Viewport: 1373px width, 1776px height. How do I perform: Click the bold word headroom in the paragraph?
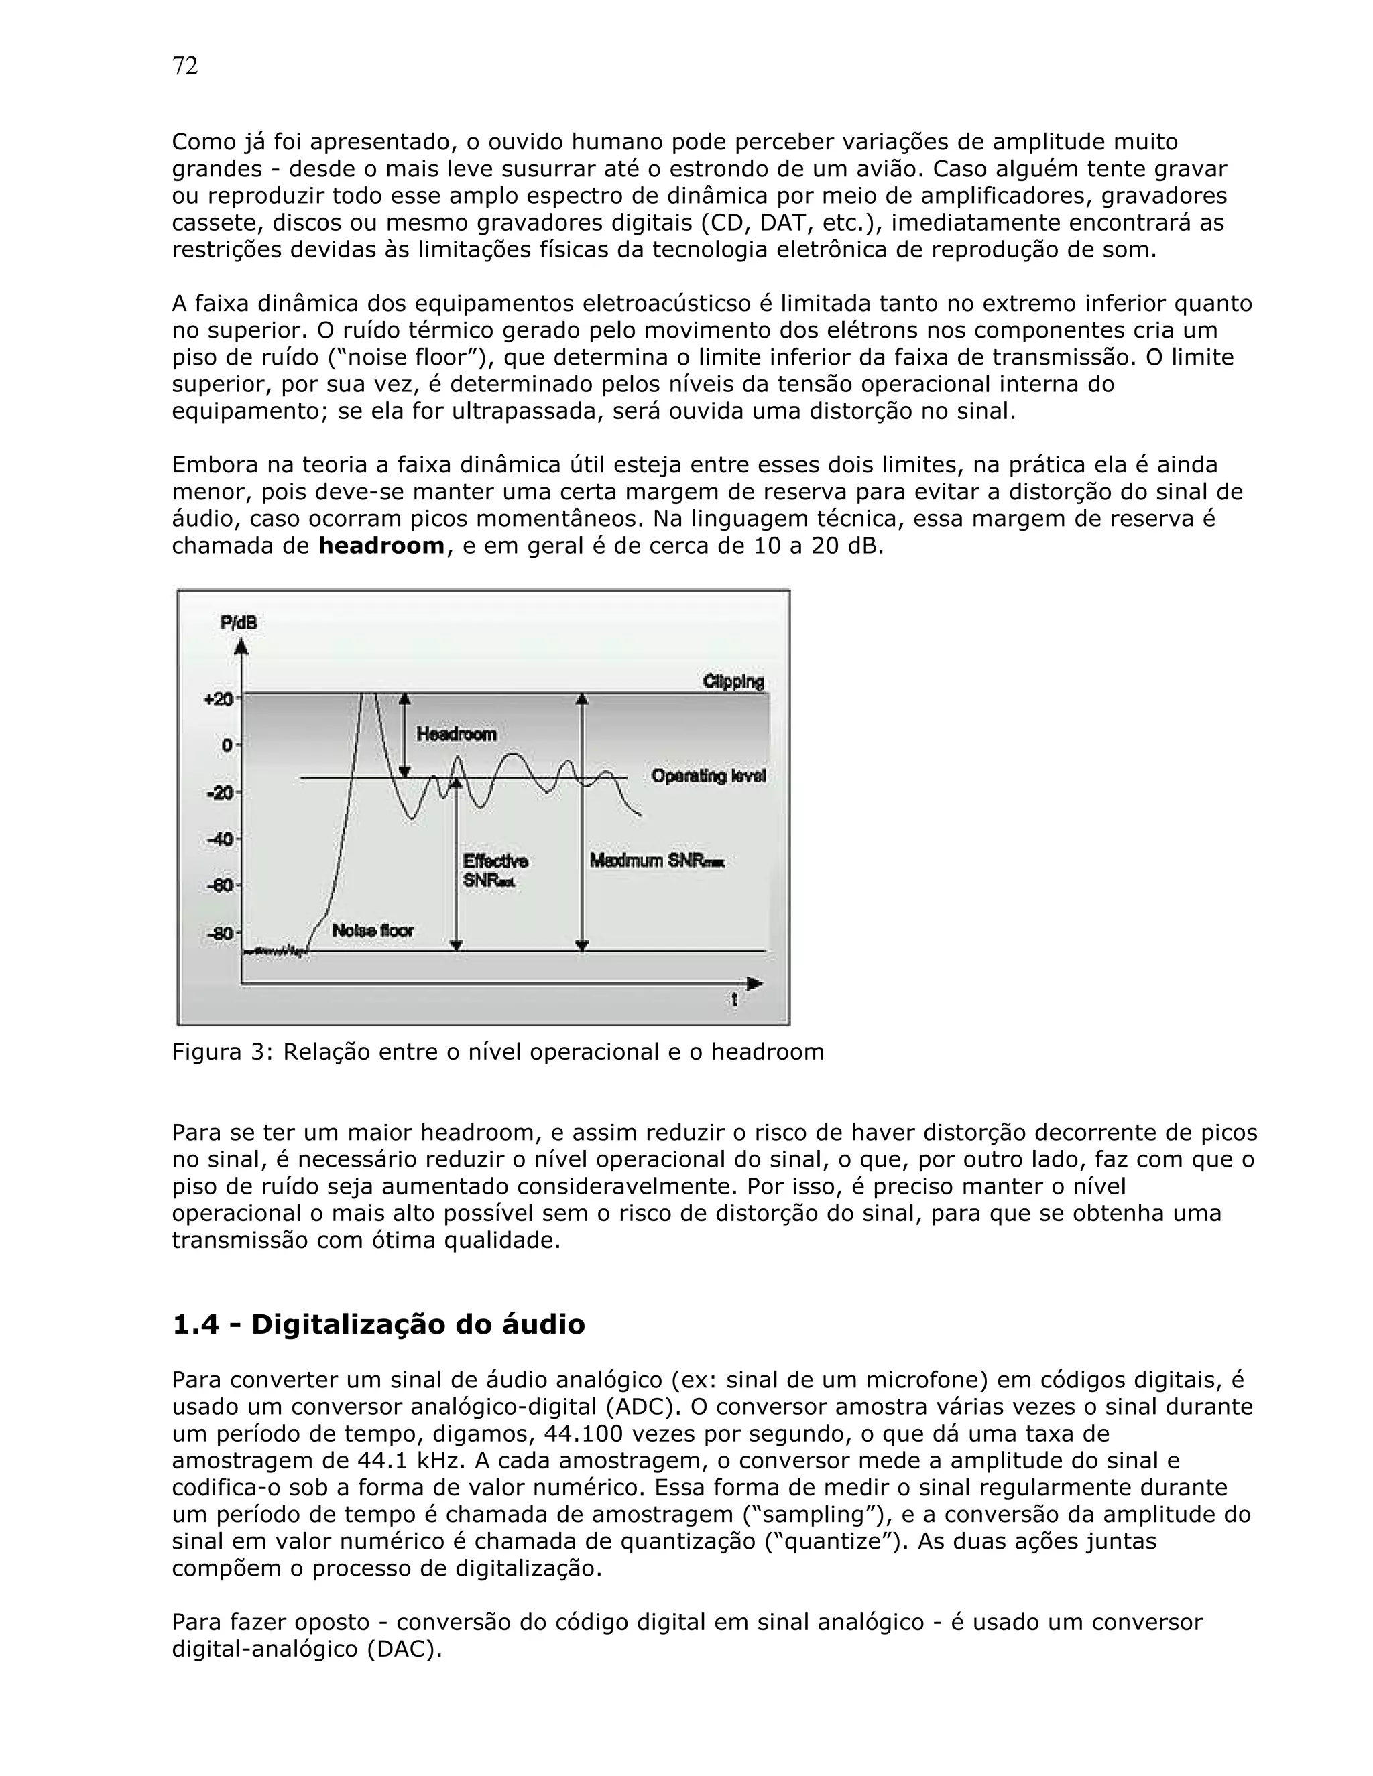click(381, 546)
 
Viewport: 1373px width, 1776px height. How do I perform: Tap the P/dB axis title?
click(238, 623)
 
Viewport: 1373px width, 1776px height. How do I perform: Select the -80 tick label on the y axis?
click(220, 933)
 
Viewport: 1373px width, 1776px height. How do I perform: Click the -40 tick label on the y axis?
click(220, 838)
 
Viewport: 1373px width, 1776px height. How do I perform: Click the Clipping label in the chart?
click(733, 682)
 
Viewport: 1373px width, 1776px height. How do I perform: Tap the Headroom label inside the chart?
click(457, 735)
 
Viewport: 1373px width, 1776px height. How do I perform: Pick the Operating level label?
click(709, 776)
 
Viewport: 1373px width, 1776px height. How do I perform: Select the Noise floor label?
click(373, 930)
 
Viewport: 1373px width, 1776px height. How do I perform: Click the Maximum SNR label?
click(656, 861)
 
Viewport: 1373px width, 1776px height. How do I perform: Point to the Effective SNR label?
click(495, 870)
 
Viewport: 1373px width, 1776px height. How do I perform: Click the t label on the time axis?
click(735, 1000)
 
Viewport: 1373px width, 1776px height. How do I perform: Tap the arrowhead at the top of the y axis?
click(241, 647)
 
